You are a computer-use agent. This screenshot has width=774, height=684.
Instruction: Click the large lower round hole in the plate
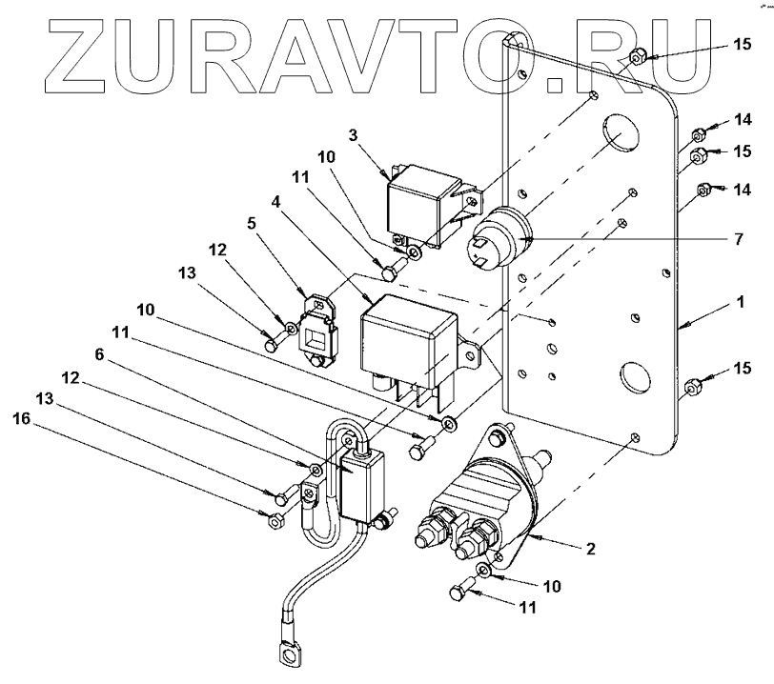pos(630,375)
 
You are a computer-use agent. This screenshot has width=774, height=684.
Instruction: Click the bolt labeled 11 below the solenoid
pos(458,593)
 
